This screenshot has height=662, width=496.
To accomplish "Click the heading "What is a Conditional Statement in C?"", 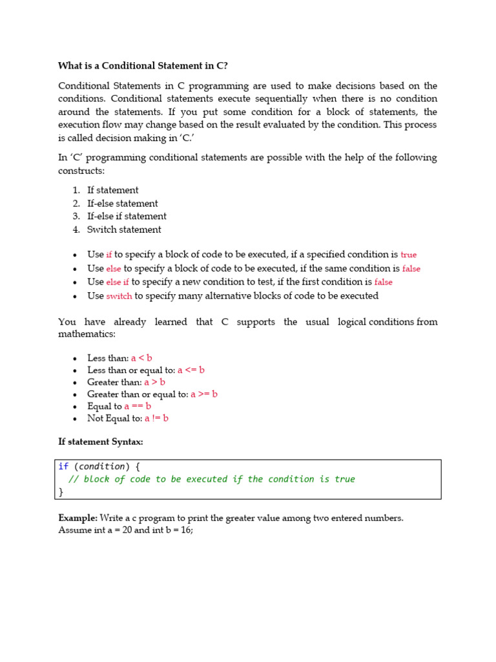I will click(143, 65).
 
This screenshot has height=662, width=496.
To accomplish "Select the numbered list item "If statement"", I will click(112, 190).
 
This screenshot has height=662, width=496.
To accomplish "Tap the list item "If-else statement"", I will click(122, 203).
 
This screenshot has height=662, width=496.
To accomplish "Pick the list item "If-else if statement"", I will click(127, 216).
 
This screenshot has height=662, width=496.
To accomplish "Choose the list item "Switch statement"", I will click(124, 230).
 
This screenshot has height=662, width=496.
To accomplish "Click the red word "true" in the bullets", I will click(409, 255).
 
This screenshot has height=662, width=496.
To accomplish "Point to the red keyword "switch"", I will click(119, 296).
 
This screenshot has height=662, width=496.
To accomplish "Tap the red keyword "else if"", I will click(118, 282).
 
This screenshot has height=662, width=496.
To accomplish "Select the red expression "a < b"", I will click(141, 358).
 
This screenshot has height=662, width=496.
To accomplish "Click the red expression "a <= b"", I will click(191, 370).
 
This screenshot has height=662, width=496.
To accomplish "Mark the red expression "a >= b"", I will click(204, 394).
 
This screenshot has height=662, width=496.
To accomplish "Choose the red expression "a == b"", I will click(138, 406).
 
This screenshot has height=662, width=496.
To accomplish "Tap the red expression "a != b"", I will click(156, 418).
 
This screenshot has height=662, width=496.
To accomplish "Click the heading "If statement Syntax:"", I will click(101, 442).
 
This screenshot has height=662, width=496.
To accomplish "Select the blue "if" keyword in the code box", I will click(63, 466).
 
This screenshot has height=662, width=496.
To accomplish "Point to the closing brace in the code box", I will click(61, 492).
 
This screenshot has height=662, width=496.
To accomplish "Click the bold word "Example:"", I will click(77, 518).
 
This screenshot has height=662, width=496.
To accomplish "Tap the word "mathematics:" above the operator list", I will click(87, 334).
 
